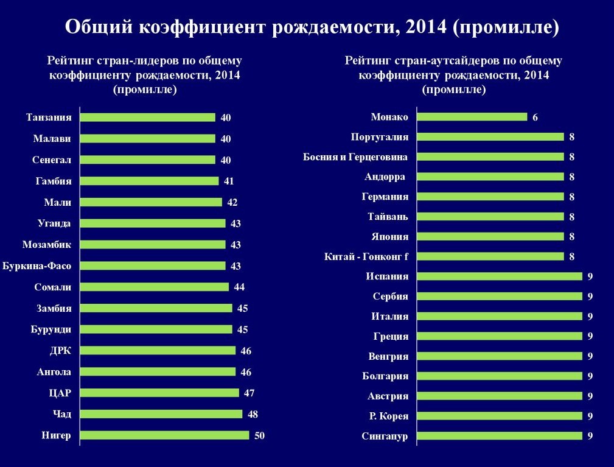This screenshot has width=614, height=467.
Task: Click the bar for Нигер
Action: pyautogui.click(x=164, y=435)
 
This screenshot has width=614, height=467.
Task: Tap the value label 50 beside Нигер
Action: pyautogui.click(x=259, y=435)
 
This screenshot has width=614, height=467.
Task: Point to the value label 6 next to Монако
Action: pyautogui.click(x=535, y=118)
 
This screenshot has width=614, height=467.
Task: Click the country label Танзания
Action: pyautogui.click(x=49, y=117)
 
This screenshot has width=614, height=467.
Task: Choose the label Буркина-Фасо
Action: pyautogui.click(x=37, y=266)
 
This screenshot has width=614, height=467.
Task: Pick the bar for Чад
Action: pyautogui.click(x=161, y=414)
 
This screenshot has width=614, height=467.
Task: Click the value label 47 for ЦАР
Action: pyautogui.click(x=249, y=393)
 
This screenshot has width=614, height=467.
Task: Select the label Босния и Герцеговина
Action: pyautogui.click(x=355, y=157)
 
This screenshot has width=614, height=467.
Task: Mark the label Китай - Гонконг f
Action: pyautogui.click(x=366, y=256)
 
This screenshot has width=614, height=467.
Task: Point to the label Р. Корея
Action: pyautogui.click(x=388, y=416)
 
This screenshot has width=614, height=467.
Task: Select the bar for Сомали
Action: pyautogui.click(x=154, y=287)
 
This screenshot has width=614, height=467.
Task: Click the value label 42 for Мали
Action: pyautogui.click(x=232, y=202)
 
